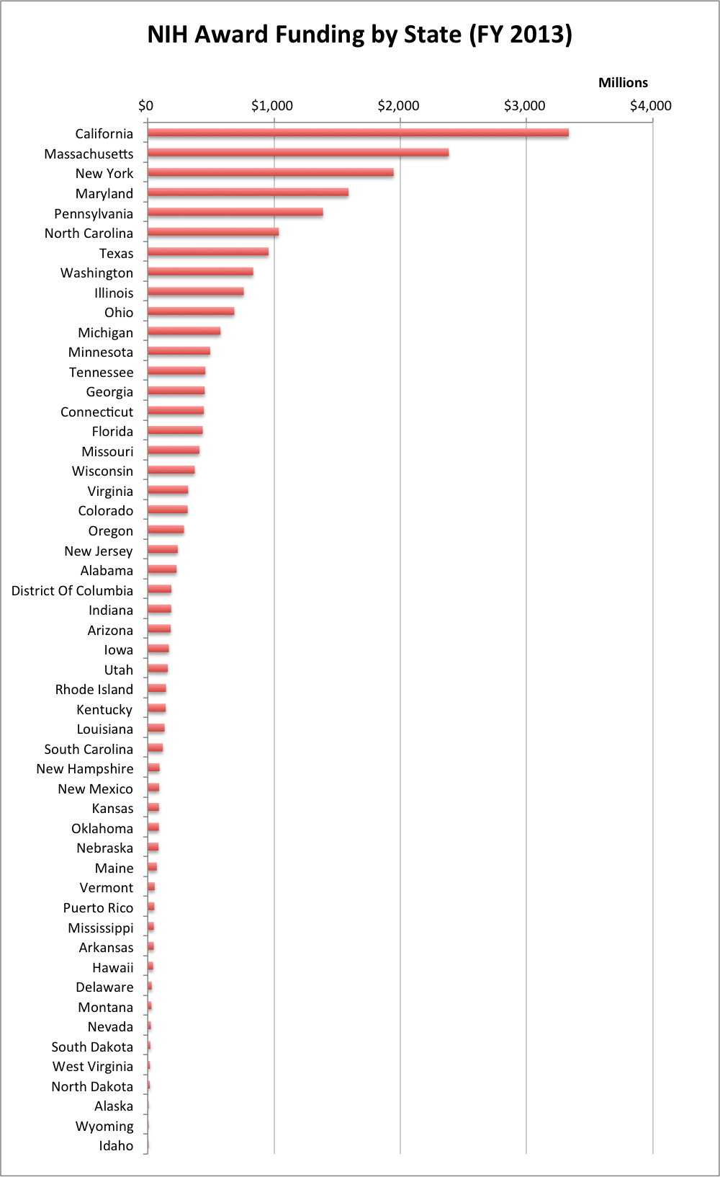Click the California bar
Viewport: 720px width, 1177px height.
358,133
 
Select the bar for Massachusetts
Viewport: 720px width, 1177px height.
298,153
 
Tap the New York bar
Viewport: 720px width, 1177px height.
271,172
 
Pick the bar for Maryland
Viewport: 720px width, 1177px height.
248,192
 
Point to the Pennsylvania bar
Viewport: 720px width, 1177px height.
235,212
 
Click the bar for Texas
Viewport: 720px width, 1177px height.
208,252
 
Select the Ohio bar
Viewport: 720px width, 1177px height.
191,311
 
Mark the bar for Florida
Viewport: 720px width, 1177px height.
175,430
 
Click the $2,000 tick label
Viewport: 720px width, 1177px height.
398,106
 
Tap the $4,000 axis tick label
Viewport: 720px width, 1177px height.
650,106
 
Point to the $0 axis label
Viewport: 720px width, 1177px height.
145,106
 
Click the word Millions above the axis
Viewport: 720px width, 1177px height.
623,83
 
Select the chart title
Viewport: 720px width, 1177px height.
359,35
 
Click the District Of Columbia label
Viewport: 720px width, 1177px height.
72,590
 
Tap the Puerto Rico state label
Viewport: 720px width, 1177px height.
98,907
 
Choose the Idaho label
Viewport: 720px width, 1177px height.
116,1145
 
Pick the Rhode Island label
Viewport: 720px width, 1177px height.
94,689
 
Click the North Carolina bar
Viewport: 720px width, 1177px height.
213,232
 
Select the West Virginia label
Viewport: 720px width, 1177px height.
93,1066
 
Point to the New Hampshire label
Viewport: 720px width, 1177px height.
85,768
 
